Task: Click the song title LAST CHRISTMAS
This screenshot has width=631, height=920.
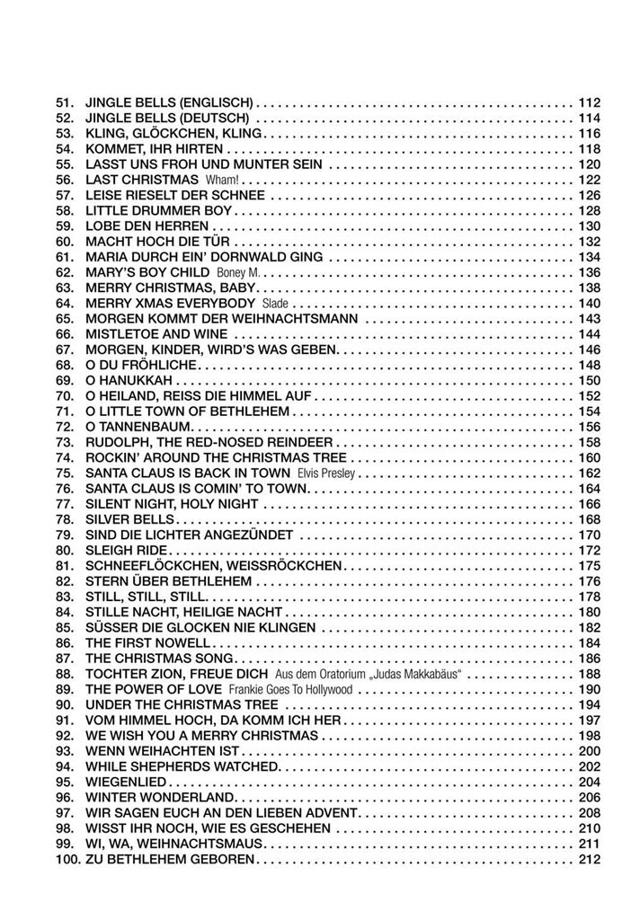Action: (x=143, y=180)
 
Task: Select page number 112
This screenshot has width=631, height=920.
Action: (x=589, y=102)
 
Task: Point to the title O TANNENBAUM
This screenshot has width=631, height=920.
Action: (x=139, y=426)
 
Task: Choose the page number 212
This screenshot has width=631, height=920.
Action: (x=589, y=859)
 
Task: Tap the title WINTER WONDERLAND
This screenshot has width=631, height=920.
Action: (x=159, y=797)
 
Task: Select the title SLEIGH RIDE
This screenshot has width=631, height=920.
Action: (x=127, y=550)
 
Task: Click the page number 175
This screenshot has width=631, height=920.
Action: (x=589, y=565)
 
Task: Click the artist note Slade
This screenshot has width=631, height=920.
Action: (x=275, y=303)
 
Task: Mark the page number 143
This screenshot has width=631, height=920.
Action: (x=589, y=318)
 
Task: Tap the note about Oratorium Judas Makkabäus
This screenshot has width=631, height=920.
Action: (x=368, y=674)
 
